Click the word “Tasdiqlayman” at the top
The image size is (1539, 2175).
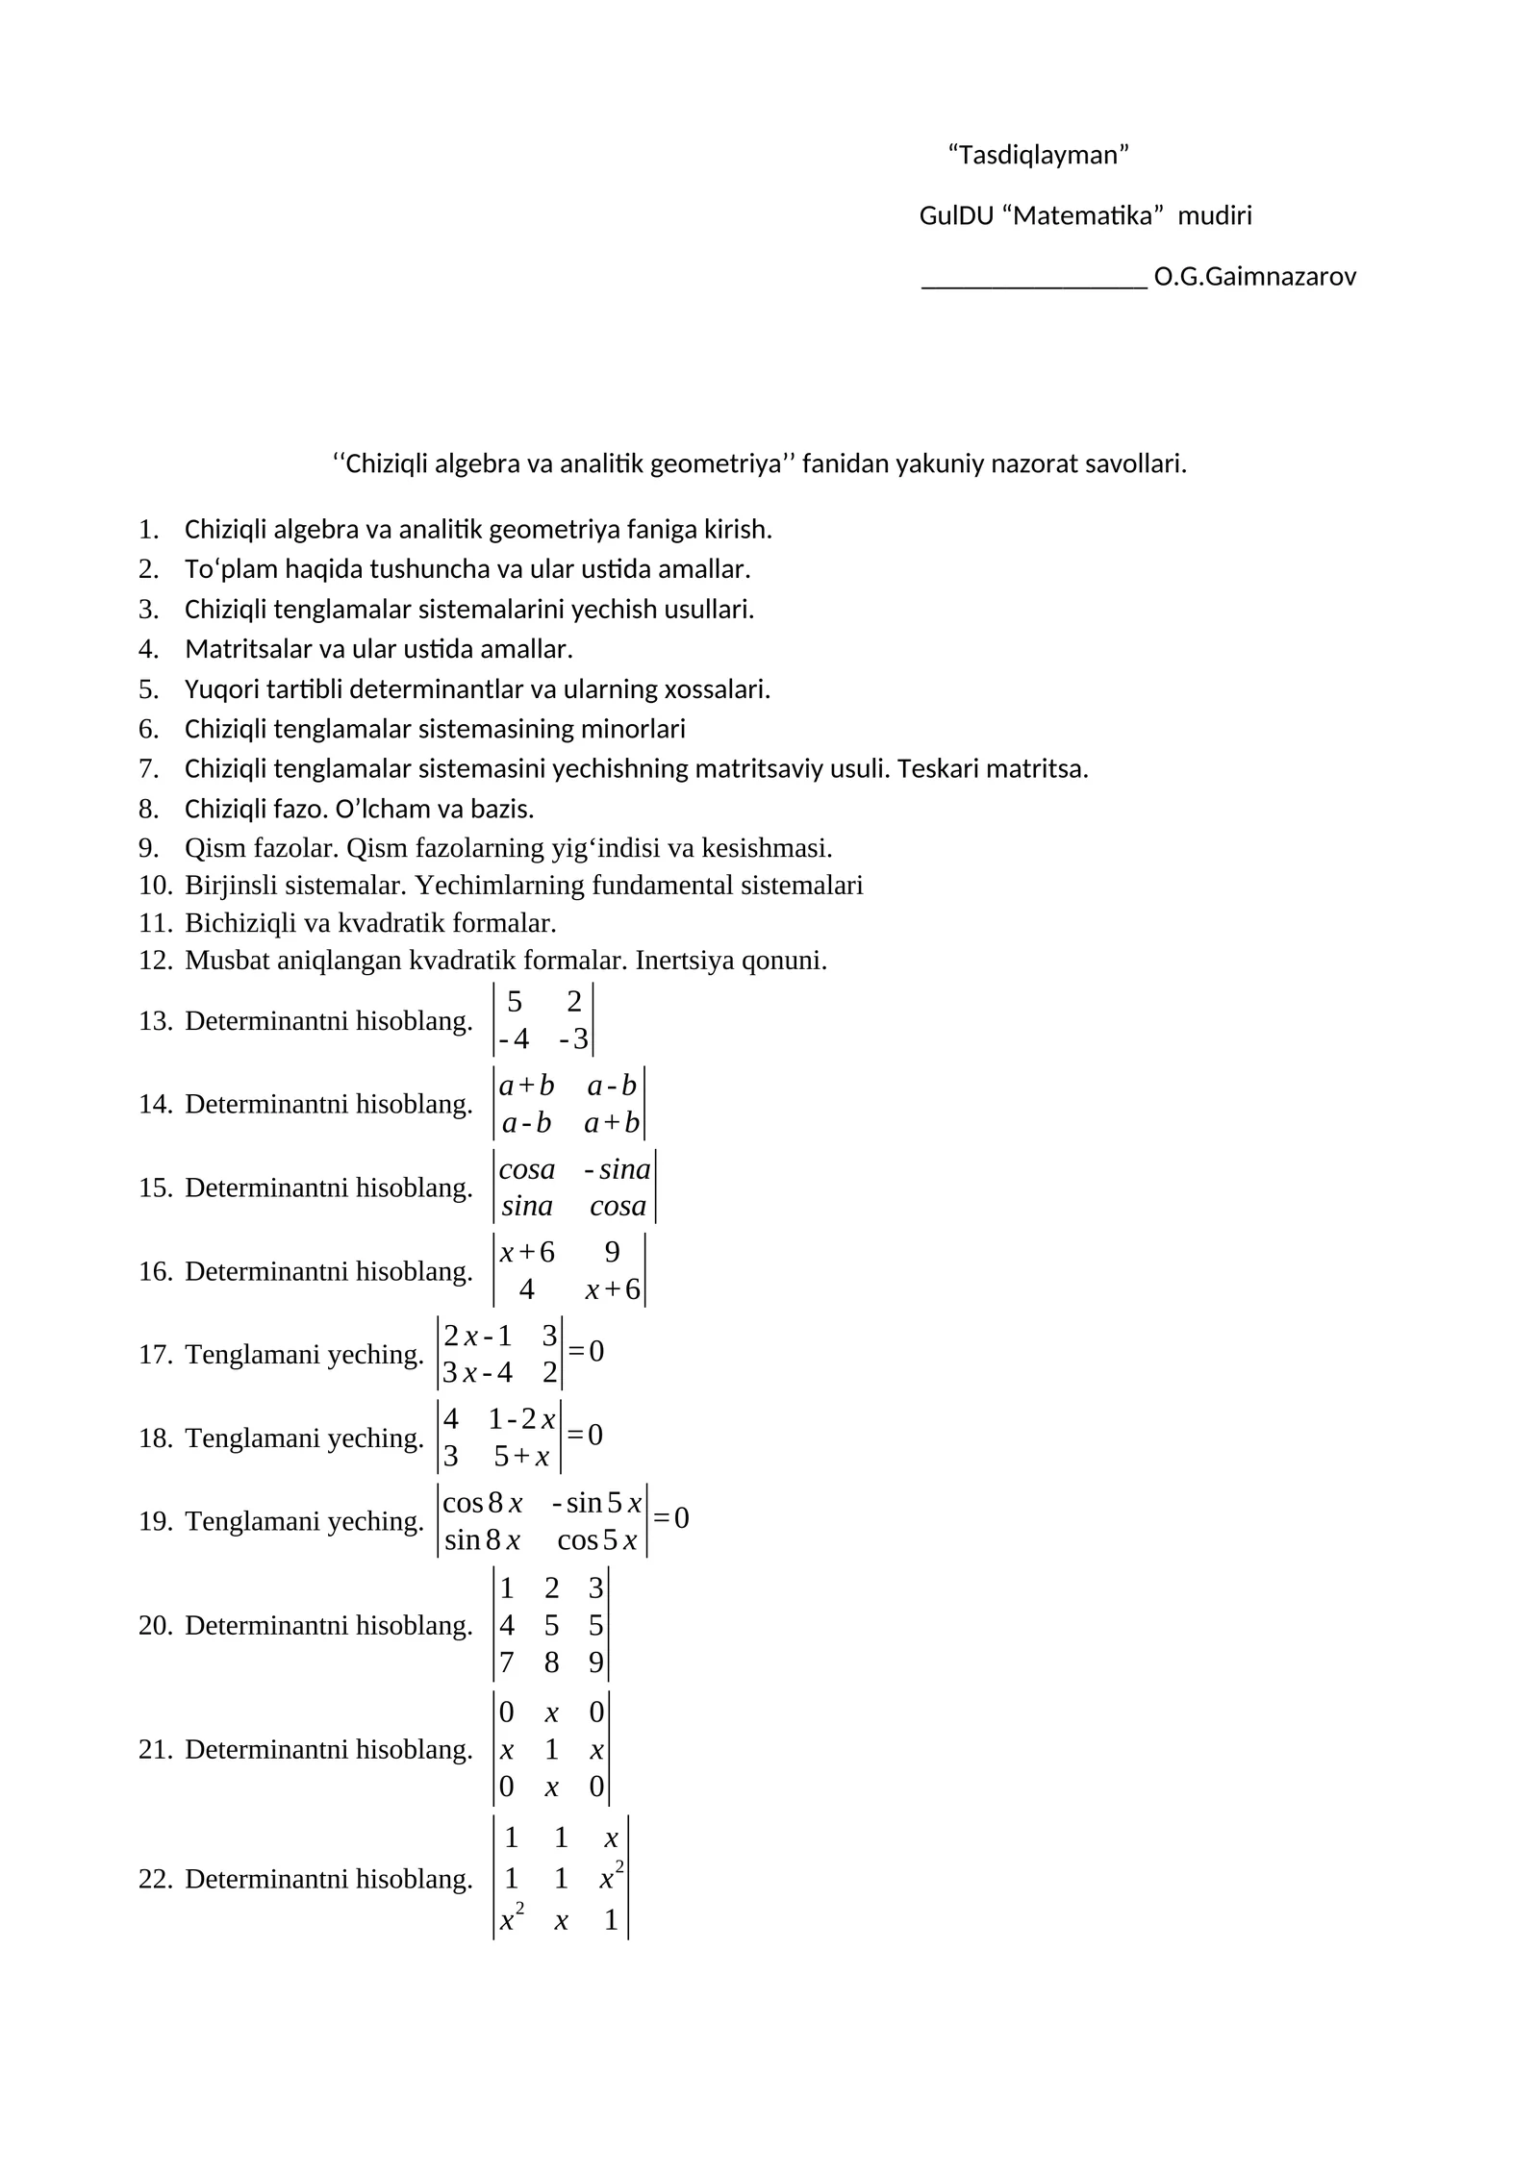pyautogui.click(x=1038, y=155)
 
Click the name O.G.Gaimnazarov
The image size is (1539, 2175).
pyautogui.click(x=1254, y=278)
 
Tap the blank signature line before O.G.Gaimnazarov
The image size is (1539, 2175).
pyautogui.click(x=1033, y=280)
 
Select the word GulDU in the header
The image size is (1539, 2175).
pyautogui.click(x=955, y=216)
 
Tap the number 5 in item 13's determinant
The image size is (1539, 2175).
pyautogui.click(x=515, y=1003)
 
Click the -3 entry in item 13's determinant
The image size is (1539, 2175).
pyautogui.click(x=573, y=1039)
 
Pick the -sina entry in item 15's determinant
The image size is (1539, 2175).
pyautogui.click(x=618, y=1169)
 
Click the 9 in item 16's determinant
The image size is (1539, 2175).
pyautogui.click(x=613, y=1252)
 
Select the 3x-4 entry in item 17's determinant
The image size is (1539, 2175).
pyautogui.click(x=477, y=1372)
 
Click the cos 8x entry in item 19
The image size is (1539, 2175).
pyautogui.click(x=482, y=1503)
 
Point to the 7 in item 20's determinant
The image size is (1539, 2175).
pyautogui.click(x=507, y=1662)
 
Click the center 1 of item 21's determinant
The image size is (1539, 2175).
pyautogui.click(x=551, y=1749)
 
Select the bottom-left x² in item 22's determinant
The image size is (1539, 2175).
pyautogui.click(x=511, y=1920)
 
